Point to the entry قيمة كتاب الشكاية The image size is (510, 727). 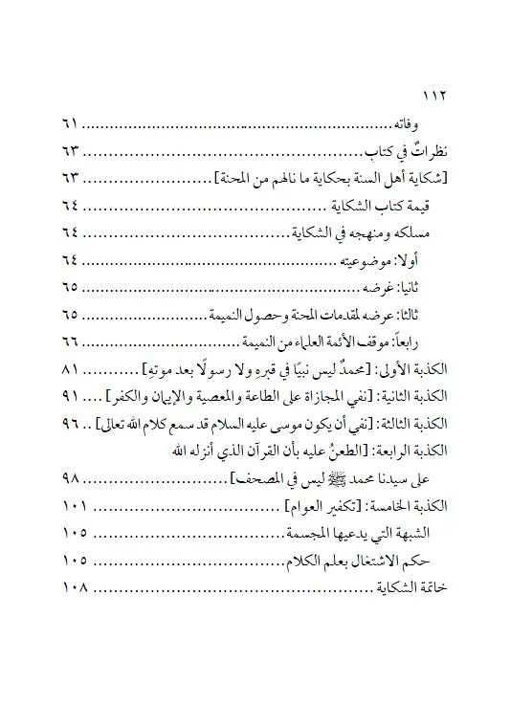click(x=382, y=207)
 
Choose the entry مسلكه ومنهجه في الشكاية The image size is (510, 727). click(x=350, y=233)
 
